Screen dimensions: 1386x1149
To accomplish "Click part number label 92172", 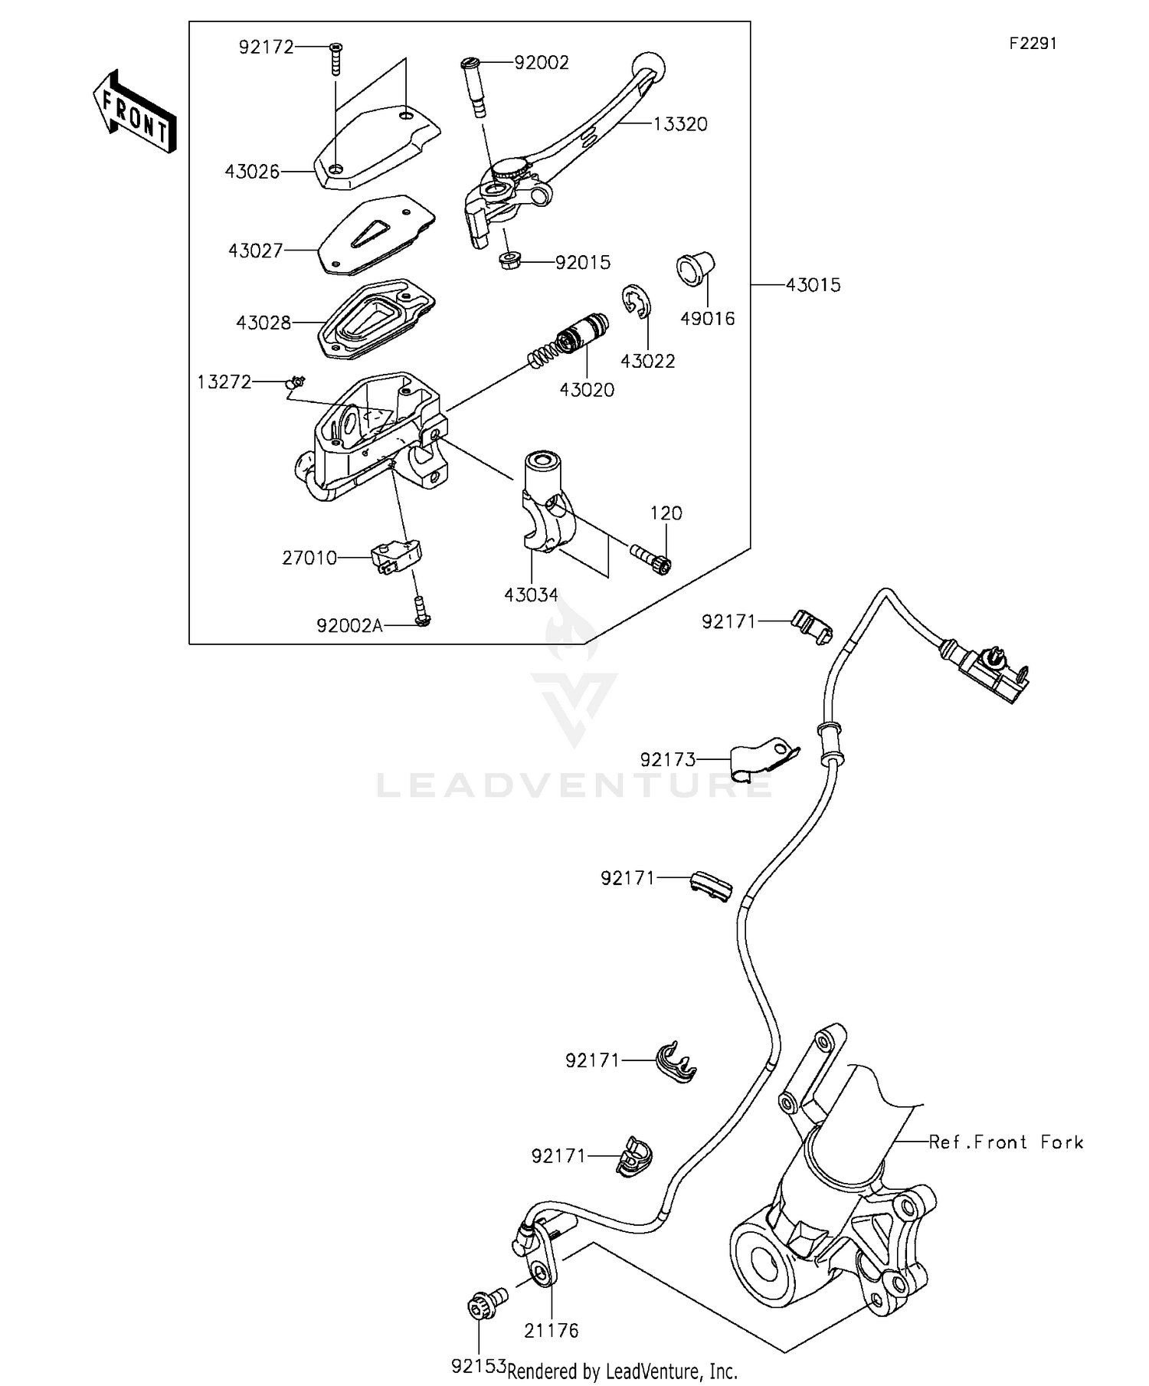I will click(x=266, y=48).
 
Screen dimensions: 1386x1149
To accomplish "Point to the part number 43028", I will click(x=264, y=323).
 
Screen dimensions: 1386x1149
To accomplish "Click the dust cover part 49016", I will click(x=694, y=269).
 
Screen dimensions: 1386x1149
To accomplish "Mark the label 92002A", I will click(x=349, y=626).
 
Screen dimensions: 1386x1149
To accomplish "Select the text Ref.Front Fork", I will click(x=1006, y=1142).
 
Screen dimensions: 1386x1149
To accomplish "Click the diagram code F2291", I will click(x=1032, y=44).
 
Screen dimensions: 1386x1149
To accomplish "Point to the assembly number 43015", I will click(x=813, y=285).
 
